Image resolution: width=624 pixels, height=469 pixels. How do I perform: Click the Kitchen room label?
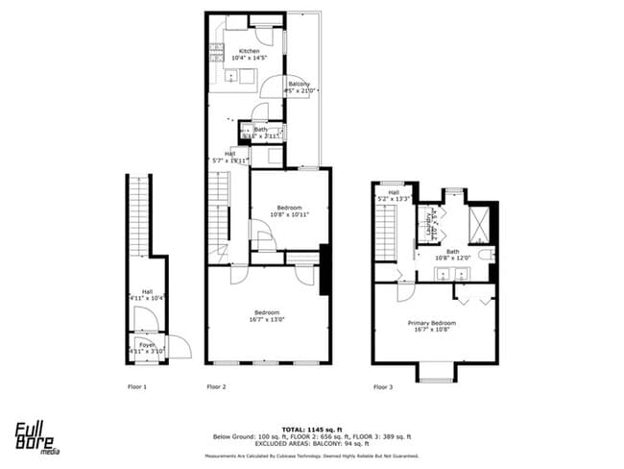(x=249, y=51)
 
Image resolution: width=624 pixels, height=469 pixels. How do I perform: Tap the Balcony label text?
(x=299, y=85)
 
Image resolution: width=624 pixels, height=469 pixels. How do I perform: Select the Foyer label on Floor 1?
(x=146, y=343)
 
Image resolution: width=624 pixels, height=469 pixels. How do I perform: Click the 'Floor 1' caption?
(x=137, y=386)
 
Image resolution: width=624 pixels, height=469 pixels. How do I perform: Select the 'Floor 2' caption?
(x=216, y=386)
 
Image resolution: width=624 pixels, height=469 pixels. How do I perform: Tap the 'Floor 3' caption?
(x=382, y=386)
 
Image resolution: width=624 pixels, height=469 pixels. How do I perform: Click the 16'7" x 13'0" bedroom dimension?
(x=267, y=320)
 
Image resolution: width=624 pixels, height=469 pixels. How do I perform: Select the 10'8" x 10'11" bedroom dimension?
(x=289, y=214)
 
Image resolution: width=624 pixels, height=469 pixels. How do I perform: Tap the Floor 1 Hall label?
(x=147, y=291)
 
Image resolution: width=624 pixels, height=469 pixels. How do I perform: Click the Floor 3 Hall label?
(x=394, y=191)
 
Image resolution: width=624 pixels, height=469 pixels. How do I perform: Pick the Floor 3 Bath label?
(x=451, y=251)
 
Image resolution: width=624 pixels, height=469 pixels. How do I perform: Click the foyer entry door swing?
(x=178, y=345)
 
